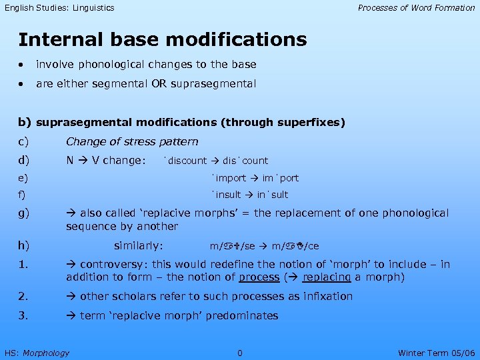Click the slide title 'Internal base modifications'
point(162,40)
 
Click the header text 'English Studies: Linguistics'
point(59,8)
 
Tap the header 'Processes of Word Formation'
point(416,8)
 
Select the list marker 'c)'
point(24,141)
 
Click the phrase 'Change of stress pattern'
point(132,141)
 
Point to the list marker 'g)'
point(24,213)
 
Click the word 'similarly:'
point(139,245)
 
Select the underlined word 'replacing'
point(327,277)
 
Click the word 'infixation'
point(328,297)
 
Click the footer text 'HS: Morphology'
point(37,353)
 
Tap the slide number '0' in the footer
point(240,353)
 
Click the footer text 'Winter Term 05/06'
point(436,353)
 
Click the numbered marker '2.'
point(23,297)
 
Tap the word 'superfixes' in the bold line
point(311,122)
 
